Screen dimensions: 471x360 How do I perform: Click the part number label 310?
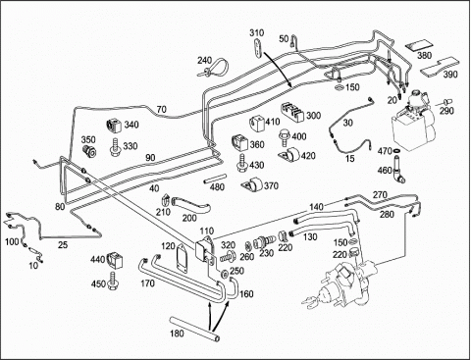pyautogui.click(x=257, y=33)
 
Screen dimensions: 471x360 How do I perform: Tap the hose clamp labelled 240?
pyautogui.click(x=219, y=68)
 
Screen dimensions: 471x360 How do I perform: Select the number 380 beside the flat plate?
pyautogui.click(x=424, y=55)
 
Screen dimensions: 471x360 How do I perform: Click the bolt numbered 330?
pyautogui.click(x=116, y=147)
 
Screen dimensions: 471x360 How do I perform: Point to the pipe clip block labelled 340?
pyautogui.click(x=113, y=127)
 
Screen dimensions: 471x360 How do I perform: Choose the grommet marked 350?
pyautogui.click(x=89, y=151)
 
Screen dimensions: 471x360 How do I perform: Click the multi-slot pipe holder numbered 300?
pyautogui.click(x=292, y=113)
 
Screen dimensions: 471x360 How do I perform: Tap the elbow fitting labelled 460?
pyautogui.click(x=399, y=170)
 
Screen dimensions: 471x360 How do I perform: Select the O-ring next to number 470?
pyautogui.click(x=396, y=151)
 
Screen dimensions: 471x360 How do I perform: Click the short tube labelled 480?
pyautogui.click(x=215, y=179)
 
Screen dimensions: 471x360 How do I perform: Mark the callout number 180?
pyautogui.click(x=177, y=334)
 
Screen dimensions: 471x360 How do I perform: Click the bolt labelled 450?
pyautogui.click(x=113, y=282)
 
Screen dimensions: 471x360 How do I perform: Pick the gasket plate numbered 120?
pyautogui.click(x=183, y=255)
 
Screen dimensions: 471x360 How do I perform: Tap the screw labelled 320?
pyautogui.click(x=229, y=256)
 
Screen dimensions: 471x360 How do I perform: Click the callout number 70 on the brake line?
pyautogui.click(x=162, y=110)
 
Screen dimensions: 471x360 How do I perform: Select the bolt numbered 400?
pyautogui.click(x=285, y=137)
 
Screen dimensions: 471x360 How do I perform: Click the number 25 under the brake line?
pyautogui.click(x=63, y=244)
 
